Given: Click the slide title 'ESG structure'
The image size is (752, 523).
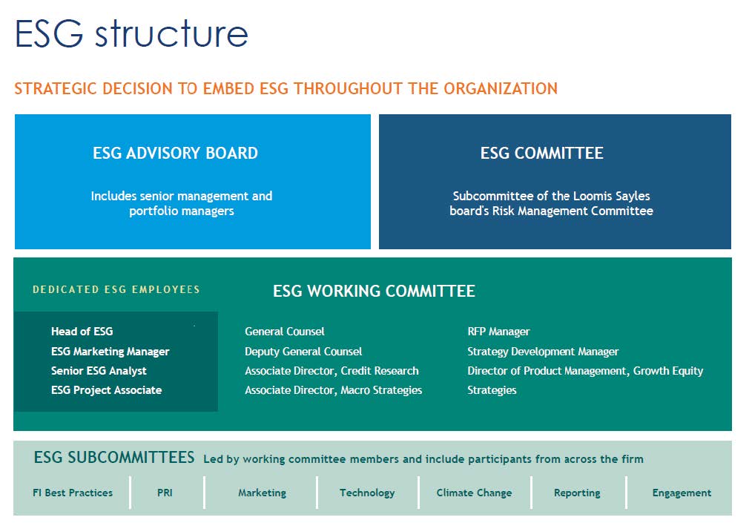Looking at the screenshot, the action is (131, 33).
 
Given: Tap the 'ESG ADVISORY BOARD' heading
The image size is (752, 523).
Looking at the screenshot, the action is (176, 153).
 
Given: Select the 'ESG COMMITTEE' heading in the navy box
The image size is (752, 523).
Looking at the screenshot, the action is (542, 153).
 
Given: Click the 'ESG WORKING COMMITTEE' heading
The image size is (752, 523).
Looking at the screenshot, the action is (374, 291).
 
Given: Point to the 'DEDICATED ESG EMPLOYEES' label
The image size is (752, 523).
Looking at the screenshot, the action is (116, 289).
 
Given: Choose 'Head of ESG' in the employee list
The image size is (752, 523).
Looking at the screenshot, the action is (82, 331).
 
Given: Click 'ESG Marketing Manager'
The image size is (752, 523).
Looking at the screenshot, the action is (111, 352).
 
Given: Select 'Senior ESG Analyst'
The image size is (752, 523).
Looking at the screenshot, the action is (99, 371).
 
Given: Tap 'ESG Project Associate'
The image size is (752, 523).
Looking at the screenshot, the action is (107, 390).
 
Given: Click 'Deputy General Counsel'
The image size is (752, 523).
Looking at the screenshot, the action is (303, 352).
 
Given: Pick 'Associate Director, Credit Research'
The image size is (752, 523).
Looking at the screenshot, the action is (332, 371).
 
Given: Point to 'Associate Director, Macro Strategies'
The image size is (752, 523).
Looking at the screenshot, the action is (333, 390).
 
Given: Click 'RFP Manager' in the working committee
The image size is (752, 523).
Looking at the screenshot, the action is (499, 332).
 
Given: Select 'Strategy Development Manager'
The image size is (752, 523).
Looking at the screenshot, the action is (543, 352).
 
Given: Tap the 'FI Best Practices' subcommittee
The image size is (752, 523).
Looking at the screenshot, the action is (73, 493).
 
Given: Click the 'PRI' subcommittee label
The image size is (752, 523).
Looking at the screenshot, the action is (165, 493).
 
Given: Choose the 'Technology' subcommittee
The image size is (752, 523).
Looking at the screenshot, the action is (367, 493).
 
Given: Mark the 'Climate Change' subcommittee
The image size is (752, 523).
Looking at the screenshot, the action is (475, 493).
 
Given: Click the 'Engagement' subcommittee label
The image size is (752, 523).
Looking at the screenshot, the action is (682, 493).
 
